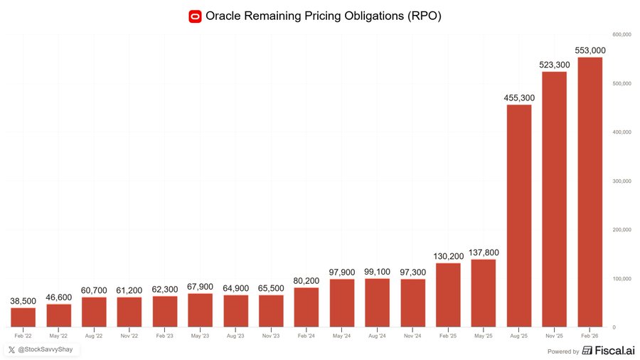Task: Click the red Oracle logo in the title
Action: (x=195, y=16)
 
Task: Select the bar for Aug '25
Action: (x=518, y=216)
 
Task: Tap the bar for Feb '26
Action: (x=590, y=192)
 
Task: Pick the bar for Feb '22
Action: (x=23, y=317)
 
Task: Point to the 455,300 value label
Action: (x=518, y=97)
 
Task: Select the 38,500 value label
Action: (x=23, y=301)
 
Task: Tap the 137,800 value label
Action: (x=483, y=253)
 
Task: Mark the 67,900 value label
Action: (x=200, y=287)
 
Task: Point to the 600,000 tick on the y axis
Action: (x=622, y=34)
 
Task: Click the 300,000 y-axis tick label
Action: (x=622, y=181)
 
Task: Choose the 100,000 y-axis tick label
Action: (x=622, y=278)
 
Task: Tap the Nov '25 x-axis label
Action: (x=554, y=334)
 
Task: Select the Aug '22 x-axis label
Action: (x=94, y=334)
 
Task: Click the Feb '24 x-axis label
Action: (x=306, y=334)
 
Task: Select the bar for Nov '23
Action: (x=271, y=311)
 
